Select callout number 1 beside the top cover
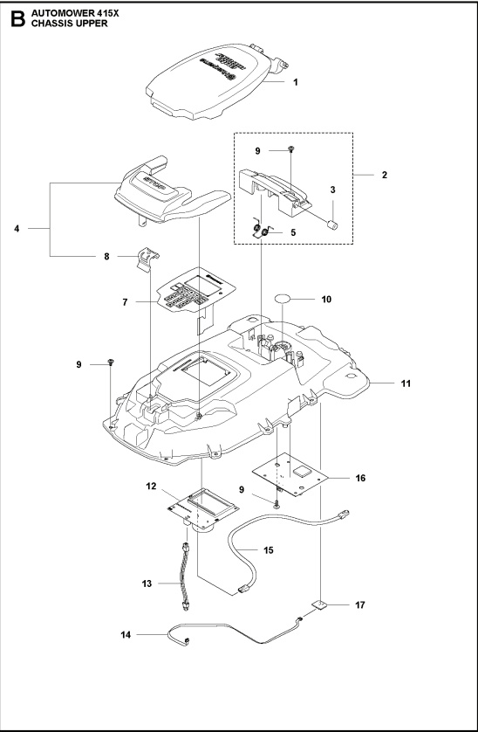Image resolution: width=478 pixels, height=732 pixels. point(296,83)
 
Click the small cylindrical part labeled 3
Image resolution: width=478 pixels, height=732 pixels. point(331,225)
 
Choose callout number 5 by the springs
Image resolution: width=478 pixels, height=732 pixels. point(293,232)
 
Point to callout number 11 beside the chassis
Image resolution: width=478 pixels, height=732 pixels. point(381,383)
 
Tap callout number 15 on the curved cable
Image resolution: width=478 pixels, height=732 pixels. point(269,549)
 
